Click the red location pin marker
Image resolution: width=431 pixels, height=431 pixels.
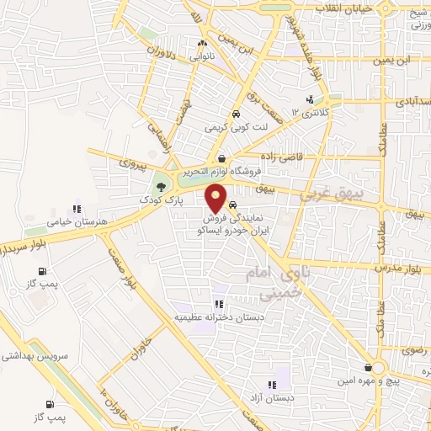pyautogui.click(x=217, y=200)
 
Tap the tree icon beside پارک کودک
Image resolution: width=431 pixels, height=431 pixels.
pyautogui.click(x=160, y=187)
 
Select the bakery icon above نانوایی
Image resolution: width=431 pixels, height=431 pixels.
pyautogui.click(x=202, y=45)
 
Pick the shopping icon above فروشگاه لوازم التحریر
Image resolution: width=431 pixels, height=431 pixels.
pyautogui.click(x=221, y=158)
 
